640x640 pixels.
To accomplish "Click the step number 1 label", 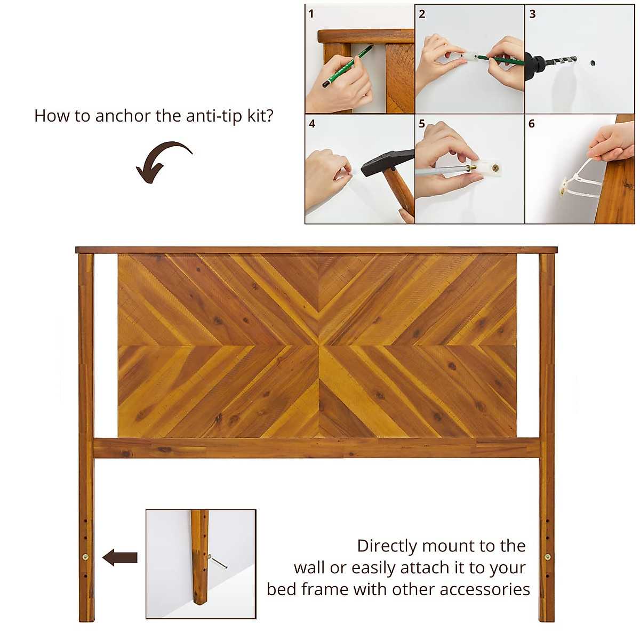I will (x=311, y=14).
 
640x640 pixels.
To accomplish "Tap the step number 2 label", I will (x=422, y=14).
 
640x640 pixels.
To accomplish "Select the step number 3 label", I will (x=532, y=14).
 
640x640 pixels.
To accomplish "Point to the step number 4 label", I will (x=312, y=124).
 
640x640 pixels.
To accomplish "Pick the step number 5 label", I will (x=422, y=124).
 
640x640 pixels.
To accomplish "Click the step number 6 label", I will (x=532, y=124).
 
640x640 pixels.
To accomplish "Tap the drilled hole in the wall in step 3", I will (x=593, y=63).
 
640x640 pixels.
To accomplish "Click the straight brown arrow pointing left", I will (x=120, y=558).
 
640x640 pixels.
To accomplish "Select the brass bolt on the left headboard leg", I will (x=86, y=557).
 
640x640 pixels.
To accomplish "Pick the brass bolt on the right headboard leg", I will (x=547, y=557).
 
